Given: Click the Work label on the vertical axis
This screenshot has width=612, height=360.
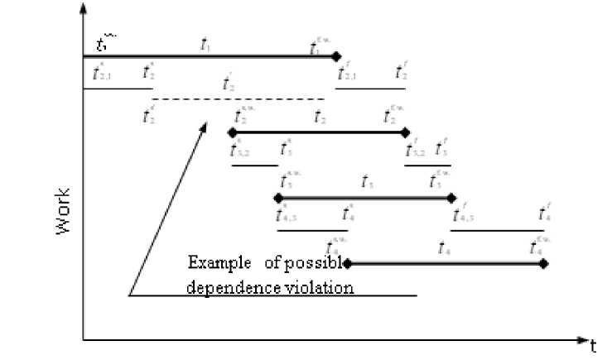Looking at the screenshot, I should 64,212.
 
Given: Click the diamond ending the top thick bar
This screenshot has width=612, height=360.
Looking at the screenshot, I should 336,56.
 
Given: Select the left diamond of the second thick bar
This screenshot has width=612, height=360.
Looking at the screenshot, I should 232,132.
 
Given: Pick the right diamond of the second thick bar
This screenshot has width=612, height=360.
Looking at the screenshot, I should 405,132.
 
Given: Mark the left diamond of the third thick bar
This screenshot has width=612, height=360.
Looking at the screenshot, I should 277,198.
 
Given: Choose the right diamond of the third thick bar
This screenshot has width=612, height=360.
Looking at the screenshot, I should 451,198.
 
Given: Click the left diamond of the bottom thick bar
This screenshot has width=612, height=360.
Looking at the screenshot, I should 347,264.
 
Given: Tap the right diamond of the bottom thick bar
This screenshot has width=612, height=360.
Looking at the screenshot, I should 543,264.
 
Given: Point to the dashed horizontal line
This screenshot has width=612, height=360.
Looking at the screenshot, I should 240,99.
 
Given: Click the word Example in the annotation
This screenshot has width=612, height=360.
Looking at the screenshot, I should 218,264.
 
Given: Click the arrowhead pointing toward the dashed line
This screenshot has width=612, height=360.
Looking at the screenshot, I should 201,128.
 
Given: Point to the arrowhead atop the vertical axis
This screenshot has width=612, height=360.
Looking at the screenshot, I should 83,10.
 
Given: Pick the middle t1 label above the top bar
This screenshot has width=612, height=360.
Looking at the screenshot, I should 206,44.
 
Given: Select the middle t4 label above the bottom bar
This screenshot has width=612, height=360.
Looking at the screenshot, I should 444,248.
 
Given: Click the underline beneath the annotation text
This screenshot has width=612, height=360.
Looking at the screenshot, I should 273,295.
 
